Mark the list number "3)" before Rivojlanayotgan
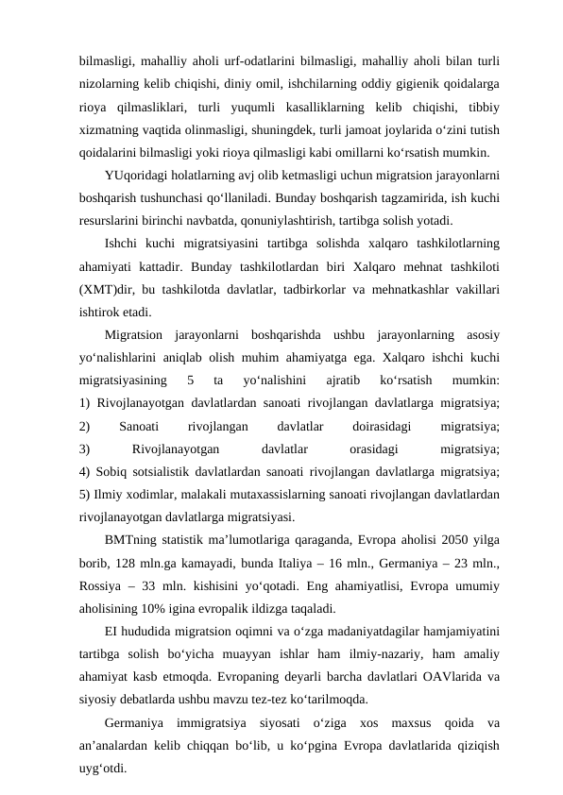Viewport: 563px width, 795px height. [86, 449]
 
